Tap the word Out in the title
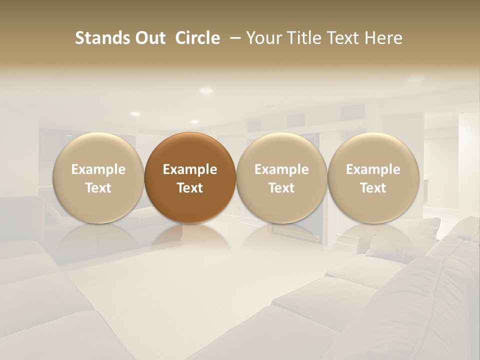(149, 38)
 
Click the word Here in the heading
(383, 38)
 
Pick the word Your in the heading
(264, 38)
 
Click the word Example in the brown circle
(190, 169)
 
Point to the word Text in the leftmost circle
(98, 188)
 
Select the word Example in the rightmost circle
(373, 169)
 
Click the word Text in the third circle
(281, 188)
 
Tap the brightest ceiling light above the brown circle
(206, 90)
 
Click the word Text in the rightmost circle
(373, 188)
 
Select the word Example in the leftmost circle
(98, 169)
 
